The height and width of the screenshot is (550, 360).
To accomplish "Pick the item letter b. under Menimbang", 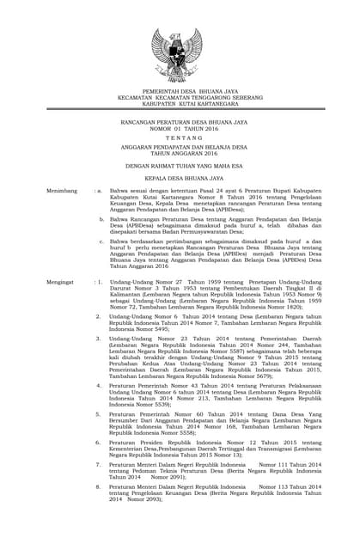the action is pyautogui.click(x=102, y=220).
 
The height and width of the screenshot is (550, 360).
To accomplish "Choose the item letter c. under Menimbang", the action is pyautogui.click(x=102, y=243).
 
